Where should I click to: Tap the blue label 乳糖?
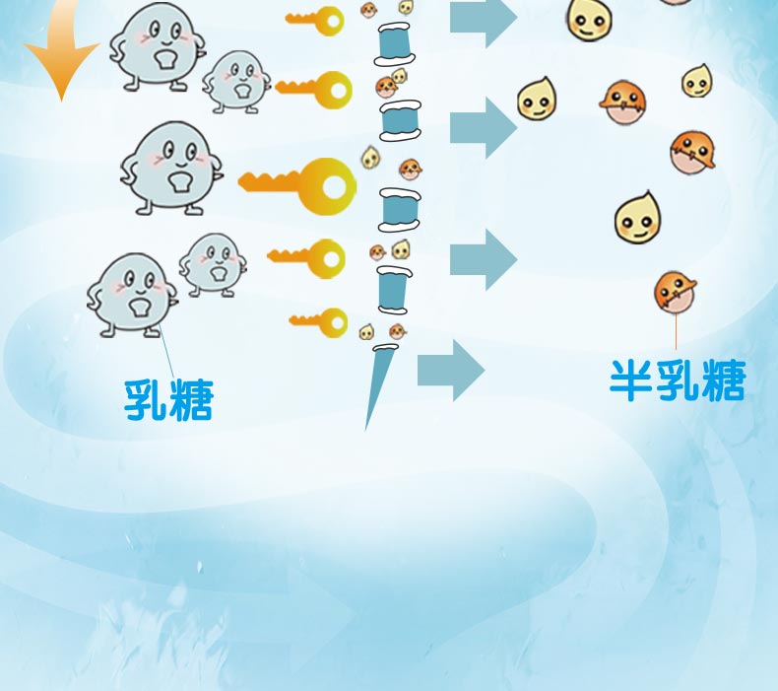(168, 398)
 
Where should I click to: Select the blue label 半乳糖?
(677, 380)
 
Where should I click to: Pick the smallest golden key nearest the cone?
(320, 321)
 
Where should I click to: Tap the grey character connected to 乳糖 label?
(132, 293)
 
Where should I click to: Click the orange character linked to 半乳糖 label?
(676, 291)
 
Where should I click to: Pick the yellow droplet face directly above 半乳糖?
(637, 220)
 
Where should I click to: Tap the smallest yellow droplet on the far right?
(697, 82)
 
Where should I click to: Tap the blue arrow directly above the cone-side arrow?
(483, 258)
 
